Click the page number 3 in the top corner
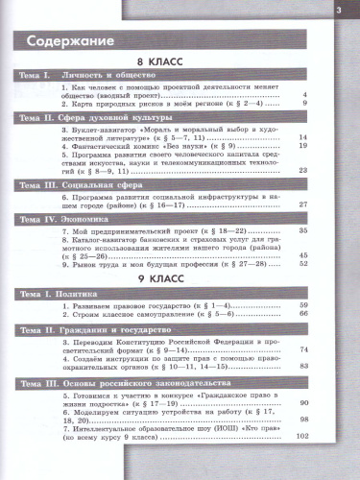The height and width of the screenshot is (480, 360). pos(337,11)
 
